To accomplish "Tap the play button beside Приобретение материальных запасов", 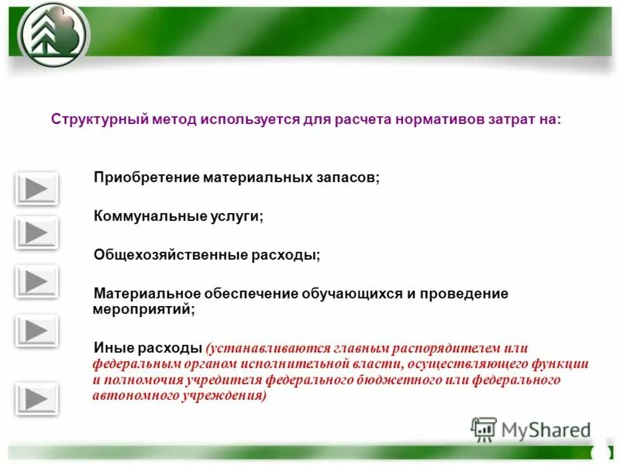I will click(36, 188).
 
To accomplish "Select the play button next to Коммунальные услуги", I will click(36, 232).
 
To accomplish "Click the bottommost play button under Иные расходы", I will click(36, 400).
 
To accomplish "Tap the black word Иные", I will click(112, 348).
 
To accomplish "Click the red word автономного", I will click(129, 394).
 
